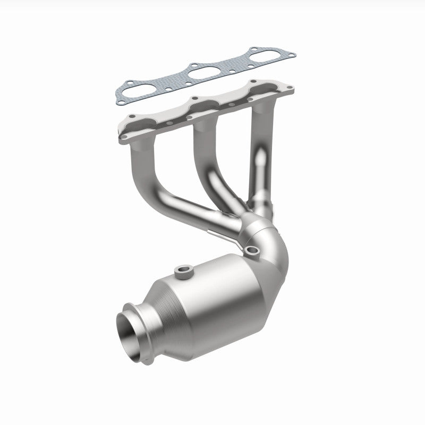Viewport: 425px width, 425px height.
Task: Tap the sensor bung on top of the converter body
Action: (x=184, y=273)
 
